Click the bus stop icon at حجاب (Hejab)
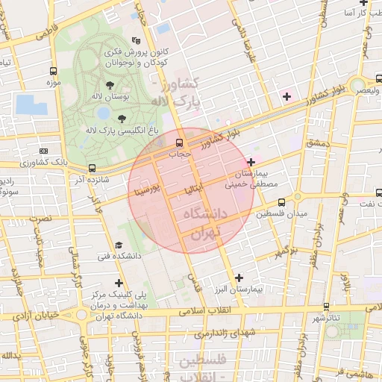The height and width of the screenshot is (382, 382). tap(179, 143)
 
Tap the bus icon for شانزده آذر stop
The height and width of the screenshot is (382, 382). tap(92, 169)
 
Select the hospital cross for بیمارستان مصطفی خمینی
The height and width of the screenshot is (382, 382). tap(251, 162)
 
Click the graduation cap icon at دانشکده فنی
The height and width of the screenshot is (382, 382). tap(119, 245)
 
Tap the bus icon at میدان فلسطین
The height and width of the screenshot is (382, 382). tap(281, 202)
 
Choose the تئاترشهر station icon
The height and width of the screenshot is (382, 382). tap(327, 307)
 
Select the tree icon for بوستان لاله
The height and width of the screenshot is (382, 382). tap(110, 86)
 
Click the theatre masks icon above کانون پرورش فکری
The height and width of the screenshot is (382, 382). tap(135, 41)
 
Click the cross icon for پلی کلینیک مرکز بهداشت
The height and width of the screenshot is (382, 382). tap(119, 283)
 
